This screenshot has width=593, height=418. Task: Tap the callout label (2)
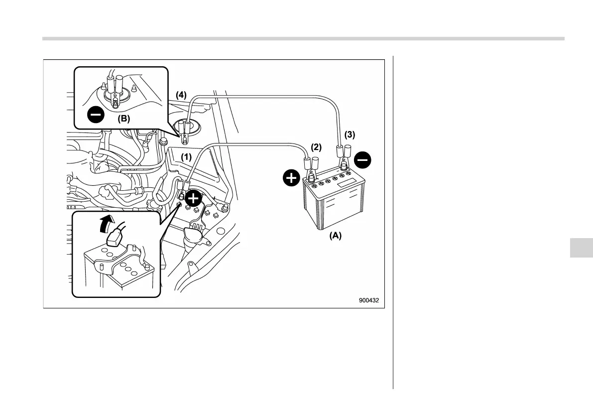click(317, 147)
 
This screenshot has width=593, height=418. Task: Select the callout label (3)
click(350, 134)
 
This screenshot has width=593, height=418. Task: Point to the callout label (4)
click(181, 95)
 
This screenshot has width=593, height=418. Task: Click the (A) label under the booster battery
click(335, 236)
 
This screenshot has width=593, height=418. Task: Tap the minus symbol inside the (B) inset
click(95, 116)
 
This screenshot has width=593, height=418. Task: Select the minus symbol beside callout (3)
click(362, 160)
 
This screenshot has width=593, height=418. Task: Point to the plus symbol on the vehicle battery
click(194, 199)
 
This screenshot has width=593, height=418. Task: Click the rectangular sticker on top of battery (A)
click(349, 183)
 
